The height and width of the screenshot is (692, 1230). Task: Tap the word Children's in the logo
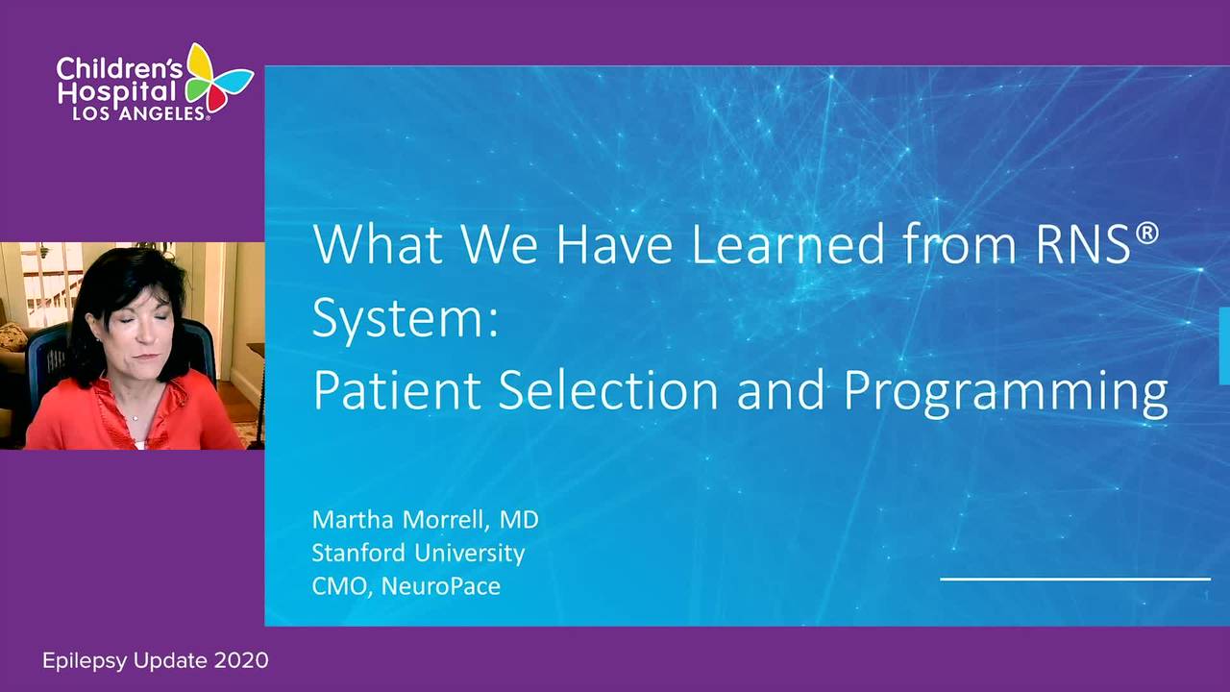click(x=120, y=68)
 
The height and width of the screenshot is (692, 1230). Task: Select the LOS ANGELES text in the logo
click(x=139, y=113)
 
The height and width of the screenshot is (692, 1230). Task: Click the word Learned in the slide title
click(x=787, y=244)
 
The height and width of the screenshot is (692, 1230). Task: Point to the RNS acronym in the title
click(x=1082, y=244)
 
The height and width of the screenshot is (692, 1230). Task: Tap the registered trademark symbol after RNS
click(x=1146, y=234)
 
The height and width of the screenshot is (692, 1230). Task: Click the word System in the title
click(x=406, y=321)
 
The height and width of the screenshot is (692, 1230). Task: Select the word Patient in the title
click(x=397, y=390)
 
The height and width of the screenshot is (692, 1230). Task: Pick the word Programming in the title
click(x=1005, y=393)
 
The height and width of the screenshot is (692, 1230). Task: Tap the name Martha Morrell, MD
click(x=425, y=520)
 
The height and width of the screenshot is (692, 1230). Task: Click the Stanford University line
click(x=418, y=553)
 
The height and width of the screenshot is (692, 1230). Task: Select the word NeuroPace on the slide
click(x=440, y=586)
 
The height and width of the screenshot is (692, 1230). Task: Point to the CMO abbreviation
click(x=340, y=586)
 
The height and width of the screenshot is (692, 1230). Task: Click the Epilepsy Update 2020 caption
click(x=156, y=660)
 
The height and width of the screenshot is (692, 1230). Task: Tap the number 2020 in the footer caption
click(x=241, y=660)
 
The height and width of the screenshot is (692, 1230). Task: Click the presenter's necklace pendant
click(x=135, y=418)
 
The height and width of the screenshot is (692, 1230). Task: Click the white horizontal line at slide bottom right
click(x=1075, y=579)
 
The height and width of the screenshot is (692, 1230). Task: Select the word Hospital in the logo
click(x=117, y=94)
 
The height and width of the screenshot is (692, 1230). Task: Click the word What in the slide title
click(x=378, y=244)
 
